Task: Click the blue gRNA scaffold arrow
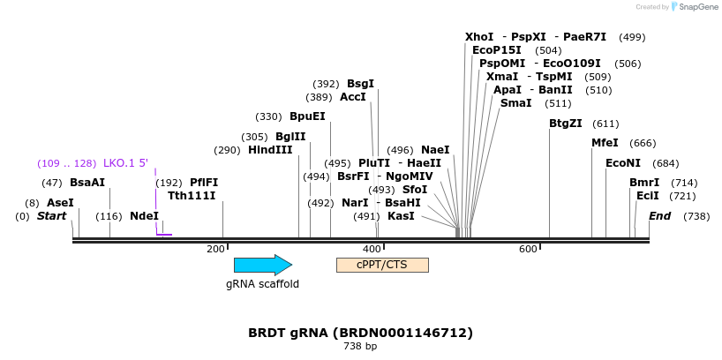[262, 265]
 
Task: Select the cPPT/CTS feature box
[382, 265]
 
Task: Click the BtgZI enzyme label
[566, 124]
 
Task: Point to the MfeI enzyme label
[605, 143]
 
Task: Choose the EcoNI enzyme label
[623, 163]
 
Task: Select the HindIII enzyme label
[270, 150]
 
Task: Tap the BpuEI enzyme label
[307, 116]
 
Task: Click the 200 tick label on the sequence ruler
[215, 250]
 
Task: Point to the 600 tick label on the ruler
[528, 250]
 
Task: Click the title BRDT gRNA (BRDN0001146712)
[360, 333]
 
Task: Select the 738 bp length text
[360, 347]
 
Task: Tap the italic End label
[660, 216]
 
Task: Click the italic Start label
[52, 216]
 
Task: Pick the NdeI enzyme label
[144, 216]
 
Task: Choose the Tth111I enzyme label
[192, 196]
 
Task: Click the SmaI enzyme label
[515, 103]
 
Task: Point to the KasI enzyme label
[401, 216]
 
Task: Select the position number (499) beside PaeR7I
[632, 37]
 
